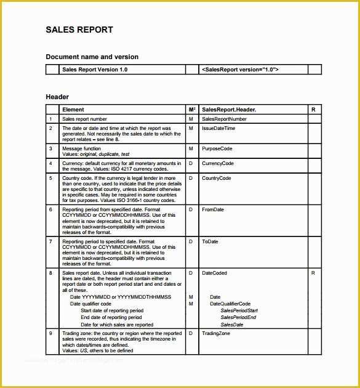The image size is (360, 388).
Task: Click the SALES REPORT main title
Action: [79, 30]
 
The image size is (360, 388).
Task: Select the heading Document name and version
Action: [92, 57]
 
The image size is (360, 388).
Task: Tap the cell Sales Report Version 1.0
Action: [95, 70]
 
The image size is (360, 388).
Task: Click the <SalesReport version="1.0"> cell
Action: [240, 70]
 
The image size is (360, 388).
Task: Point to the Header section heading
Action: [57, 97]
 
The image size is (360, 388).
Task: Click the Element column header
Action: [73, 110]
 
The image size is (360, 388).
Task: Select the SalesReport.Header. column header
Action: [229, 110]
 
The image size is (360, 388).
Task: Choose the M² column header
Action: [191, 110]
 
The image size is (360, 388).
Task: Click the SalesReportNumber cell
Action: [224, 119]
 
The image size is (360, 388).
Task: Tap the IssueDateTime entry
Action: [218, 128]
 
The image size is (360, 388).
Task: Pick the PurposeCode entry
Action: [217, 148]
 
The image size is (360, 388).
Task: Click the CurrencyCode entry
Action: [218, 163]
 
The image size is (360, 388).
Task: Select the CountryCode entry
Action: [217, 178]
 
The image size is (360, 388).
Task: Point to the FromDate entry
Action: [213, 209]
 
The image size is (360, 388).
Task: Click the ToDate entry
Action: [210, 241]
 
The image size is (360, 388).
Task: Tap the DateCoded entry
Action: [214, 273]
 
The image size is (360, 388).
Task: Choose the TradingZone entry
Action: [216, 333]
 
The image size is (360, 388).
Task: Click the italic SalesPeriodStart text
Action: [239, 311]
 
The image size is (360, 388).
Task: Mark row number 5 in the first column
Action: [50, 178]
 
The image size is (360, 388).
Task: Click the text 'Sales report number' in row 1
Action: [84, 119]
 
